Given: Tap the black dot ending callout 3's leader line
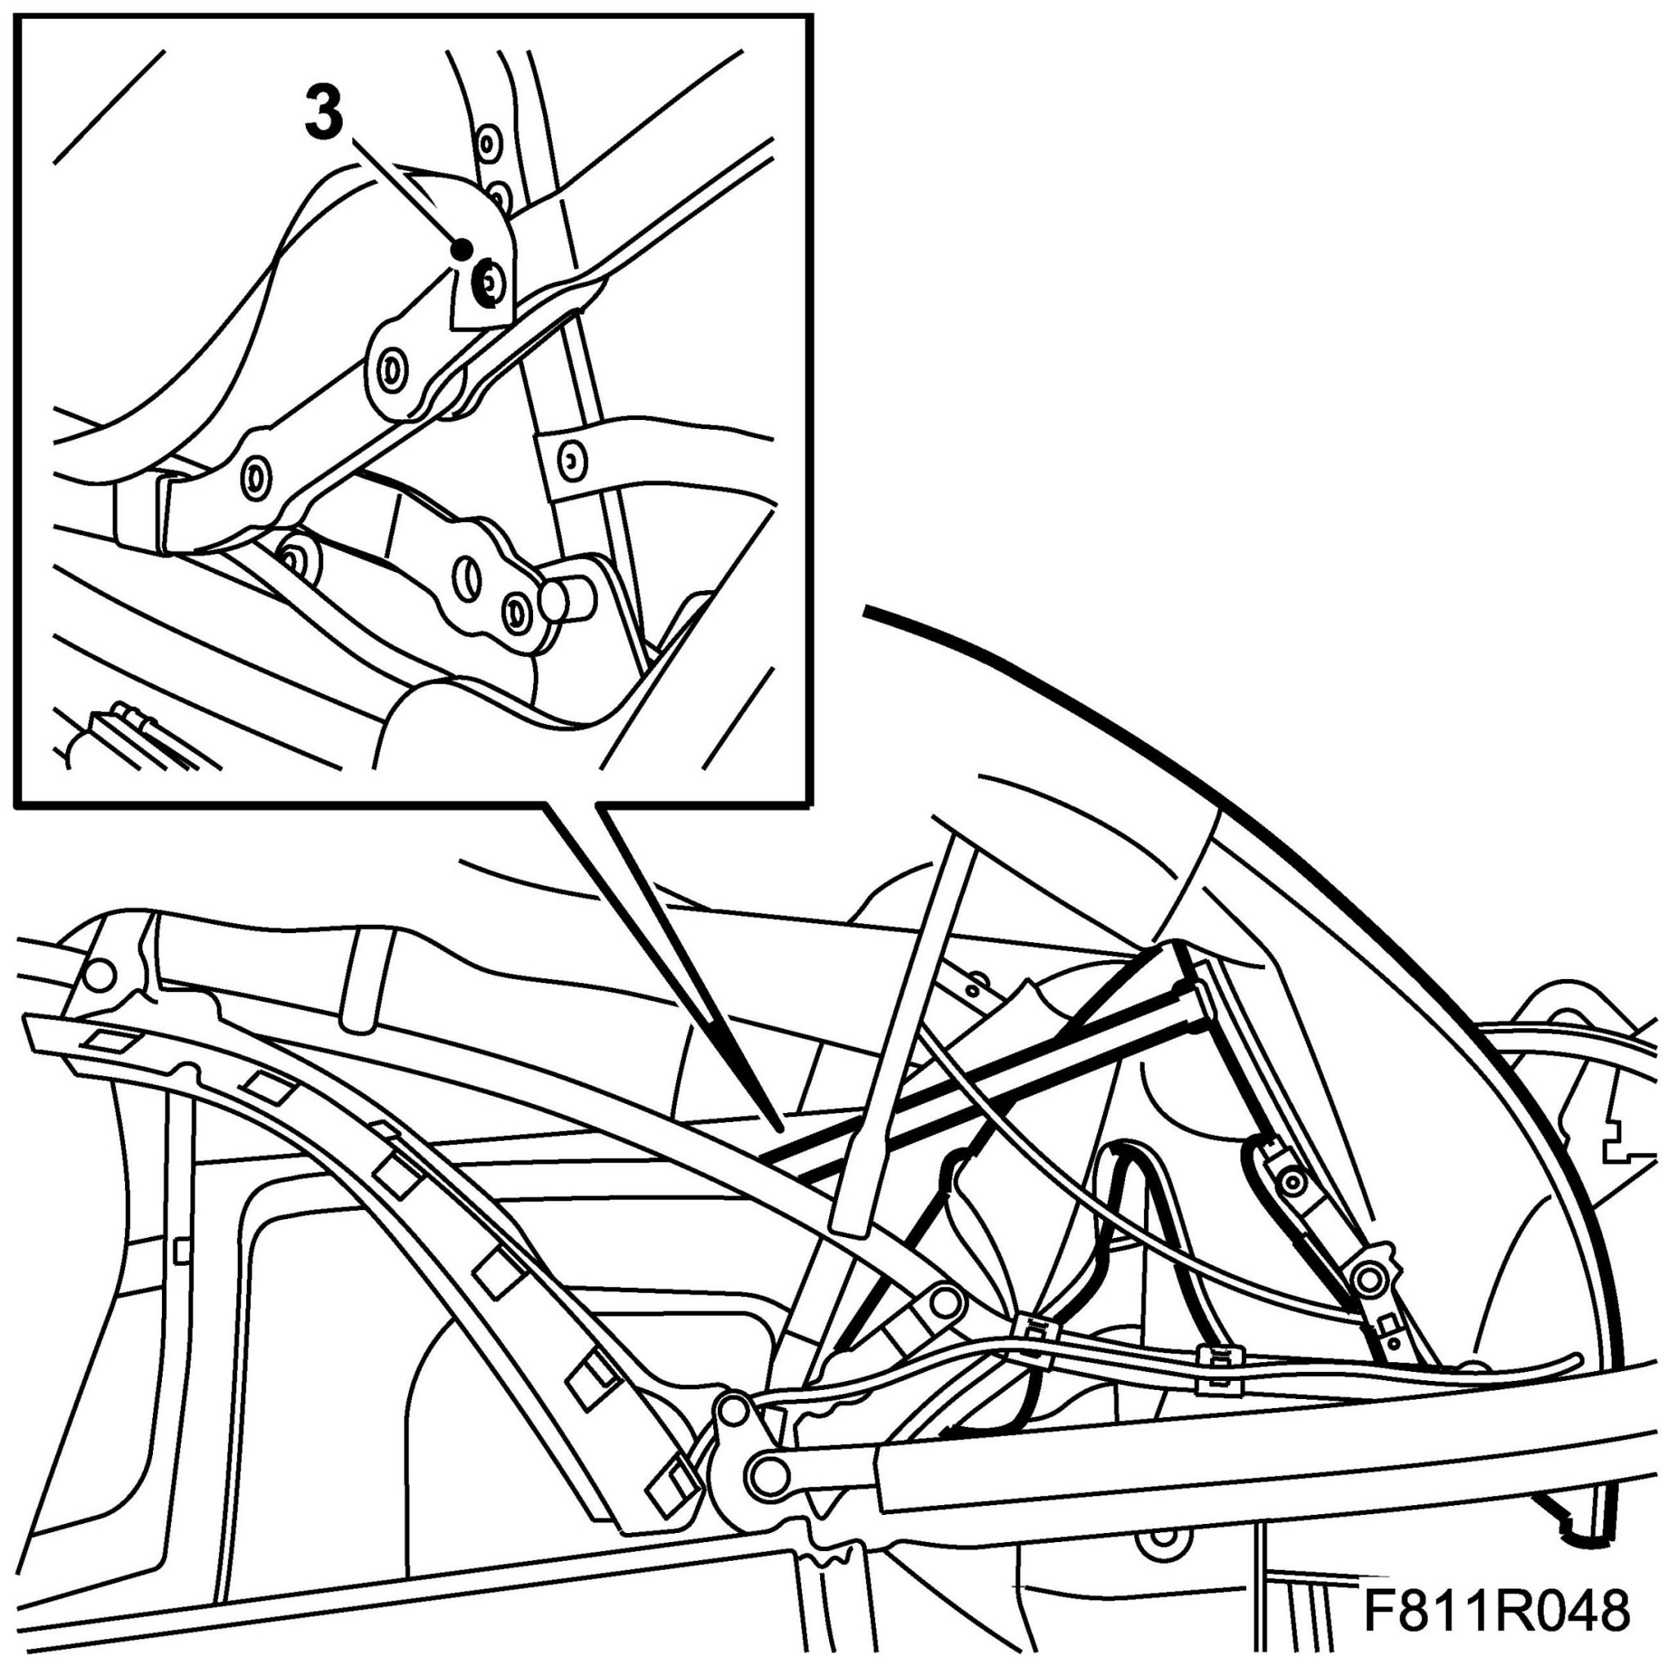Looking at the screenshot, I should click(463, 249).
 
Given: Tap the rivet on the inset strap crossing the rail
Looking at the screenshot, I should click(569, 461).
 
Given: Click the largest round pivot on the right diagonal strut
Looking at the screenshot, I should click(1370, 1279).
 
